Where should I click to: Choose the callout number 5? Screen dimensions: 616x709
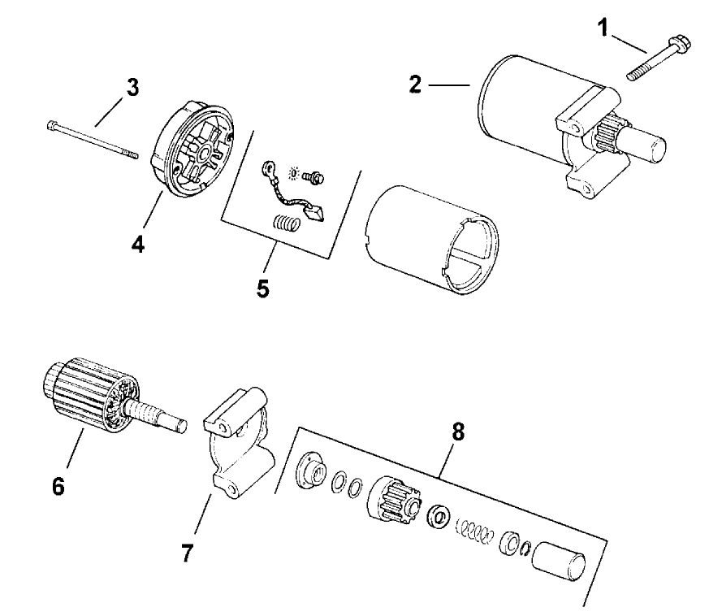262,288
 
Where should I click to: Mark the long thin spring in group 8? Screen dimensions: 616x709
476,532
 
